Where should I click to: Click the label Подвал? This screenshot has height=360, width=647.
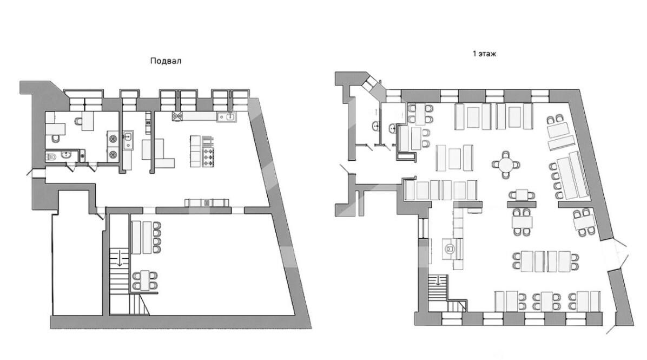coord(166,61)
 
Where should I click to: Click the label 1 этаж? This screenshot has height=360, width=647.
coord(484,54)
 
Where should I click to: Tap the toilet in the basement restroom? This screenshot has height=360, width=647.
coord(51,157)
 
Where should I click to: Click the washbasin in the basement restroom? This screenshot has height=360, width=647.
coord(67,155)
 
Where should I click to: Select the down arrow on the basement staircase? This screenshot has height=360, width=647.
coord(120,257)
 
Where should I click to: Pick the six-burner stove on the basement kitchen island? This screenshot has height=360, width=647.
coord(208,158)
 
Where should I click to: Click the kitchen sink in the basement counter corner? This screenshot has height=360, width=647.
coord(227,117)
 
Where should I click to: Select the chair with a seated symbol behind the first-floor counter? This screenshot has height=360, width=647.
coord(450,248)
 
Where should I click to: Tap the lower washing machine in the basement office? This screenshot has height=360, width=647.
coord(112,155)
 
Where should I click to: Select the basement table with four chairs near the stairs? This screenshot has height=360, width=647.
coord(145,281)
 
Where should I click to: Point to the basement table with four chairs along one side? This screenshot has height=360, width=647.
coord(145,238)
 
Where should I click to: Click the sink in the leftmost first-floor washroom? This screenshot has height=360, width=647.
coord(376,126)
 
